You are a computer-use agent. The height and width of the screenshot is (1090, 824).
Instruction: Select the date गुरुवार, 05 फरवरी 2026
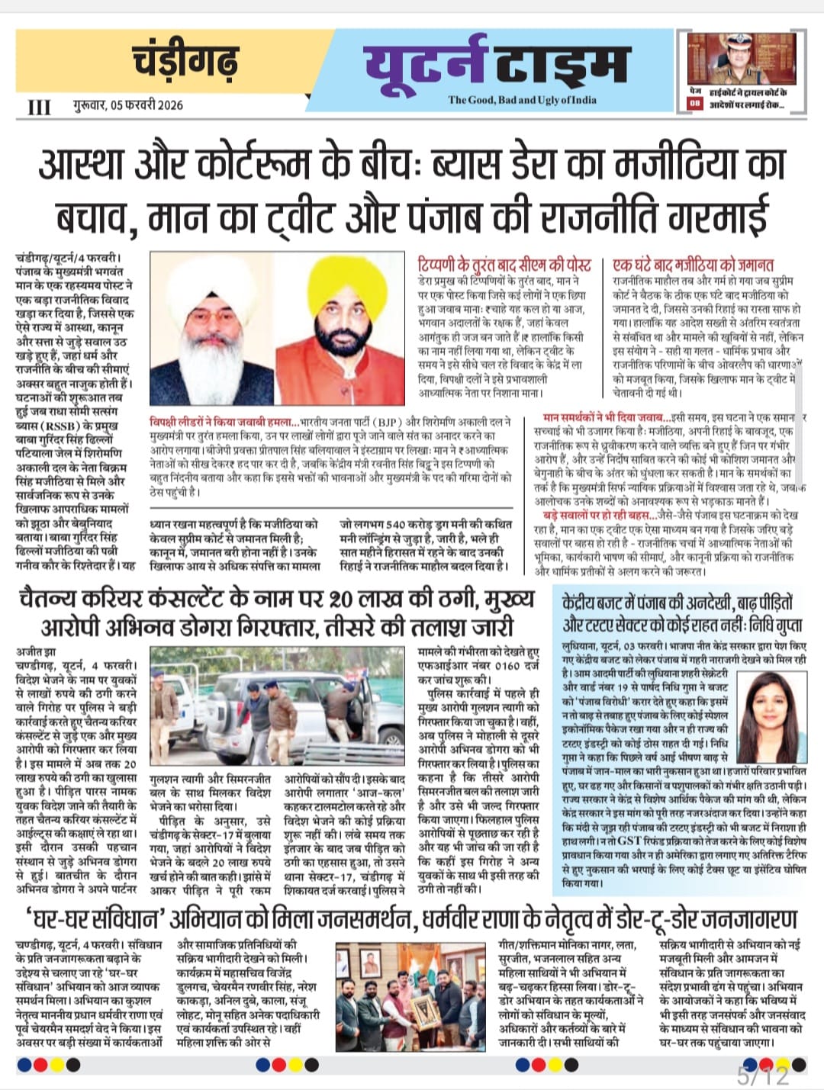[128, 105]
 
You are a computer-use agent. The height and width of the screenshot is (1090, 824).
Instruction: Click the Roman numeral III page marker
[39, 107]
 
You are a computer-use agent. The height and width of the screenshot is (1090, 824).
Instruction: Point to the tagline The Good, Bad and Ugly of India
[522, 100]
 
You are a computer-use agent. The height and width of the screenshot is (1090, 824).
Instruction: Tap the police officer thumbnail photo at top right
[742, 59]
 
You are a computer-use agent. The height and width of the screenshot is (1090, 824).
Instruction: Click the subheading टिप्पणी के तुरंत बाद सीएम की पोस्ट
[504, 265]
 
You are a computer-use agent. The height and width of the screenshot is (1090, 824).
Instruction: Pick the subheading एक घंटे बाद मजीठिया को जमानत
[693, 265]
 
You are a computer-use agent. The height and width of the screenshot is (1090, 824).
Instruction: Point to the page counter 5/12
[763, 1076]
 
